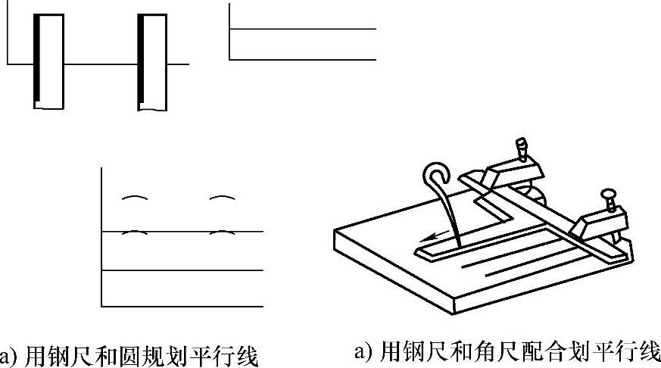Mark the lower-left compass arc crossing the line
click(x=133, y=232)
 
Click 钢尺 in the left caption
click(x=61, y=355)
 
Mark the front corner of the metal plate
click(x=453, y=307)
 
